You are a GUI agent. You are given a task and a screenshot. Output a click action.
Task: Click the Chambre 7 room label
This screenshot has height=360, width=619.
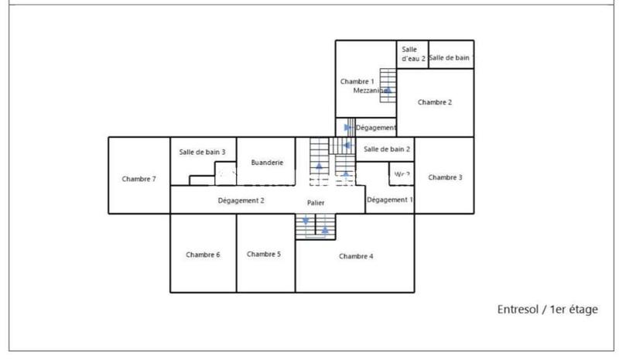point(139,179)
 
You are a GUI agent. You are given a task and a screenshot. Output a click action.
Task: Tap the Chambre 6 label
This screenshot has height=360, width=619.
point(203,255)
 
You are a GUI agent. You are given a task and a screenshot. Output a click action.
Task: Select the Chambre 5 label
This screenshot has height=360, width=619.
point(264,254)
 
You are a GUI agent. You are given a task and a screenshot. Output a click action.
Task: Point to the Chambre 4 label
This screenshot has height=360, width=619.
point(356,256)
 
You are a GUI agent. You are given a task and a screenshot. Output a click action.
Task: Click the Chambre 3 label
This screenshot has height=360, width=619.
point(445,177)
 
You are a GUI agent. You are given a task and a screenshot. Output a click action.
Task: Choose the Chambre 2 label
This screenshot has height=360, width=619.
point(435,102)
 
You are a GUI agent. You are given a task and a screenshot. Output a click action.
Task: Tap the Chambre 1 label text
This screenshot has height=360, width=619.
point(357,81)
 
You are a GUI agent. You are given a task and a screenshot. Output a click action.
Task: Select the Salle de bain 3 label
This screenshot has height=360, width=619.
point(202,152)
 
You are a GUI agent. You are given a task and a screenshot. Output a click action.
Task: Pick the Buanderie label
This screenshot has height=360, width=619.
point(267,163)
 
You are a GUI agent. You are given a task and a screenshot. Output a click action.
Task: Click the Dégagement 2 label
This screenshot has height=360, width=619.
point(241,201)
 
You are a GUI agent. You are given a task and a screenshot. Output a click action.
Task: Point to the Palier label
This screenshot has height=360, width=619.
point(315,203)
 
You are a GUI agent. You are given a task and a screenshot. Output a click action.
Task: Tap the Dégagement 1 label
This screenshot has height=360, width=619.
point(389,201)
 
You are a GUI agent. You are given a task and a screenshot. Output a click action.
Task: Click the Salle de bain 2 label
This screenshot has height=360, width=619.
point(386,149)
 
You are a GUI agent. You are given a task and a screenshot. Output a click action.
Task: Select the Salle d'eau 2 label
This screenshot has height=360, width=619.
point(413,54)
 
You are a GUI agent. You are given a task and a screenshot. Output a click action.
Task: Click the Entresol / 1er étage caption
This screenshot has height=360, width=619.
point(547,310)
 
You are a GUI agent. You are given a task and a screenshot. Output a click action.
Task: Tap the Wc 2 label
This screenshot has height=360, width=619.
point(402,174)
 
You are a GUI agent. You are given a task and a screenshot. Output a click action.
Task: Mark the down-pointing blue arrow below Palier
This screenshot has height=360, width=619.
point(306,221)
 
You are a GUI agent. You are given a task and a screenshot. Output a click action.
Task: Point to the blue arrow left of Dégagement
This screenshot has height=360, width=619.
point(348,127)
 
